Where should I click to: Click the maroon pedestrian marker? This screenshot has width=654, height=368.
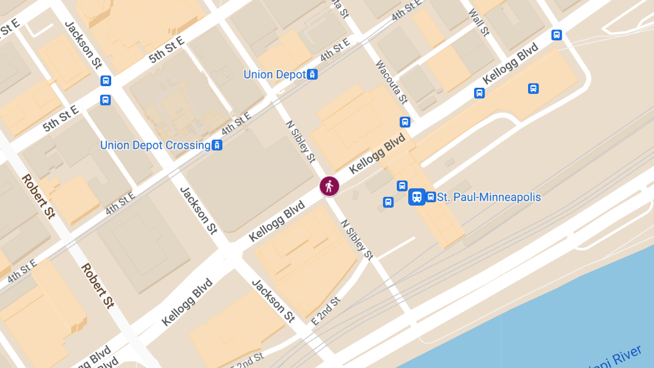pyautogui.click(x=329, y=186)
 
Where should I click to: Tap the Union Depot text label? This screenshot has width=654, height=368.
pyautogui.click(x=275, y=75)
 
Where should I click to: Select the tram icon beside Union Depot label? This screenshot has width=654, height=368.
pyautogui.click(x=312, y=74)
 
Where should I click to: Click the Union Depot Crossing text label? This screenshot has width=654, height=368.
pyautogui.click(x=155, y=146)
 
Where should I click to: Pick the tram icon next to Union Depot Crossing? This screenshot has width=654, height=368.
pyautogui.click(x=217, y=145)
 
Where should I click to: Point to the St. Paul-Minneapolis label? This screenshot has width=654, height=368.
pyautogui.click(x=489, y=197)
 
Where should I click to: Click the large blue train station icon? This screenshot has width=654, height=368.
pyautogui.click(x=417, y=197)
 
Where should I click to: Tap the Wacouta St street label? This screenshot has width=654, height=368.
pyautogui.click(x=391, y=82)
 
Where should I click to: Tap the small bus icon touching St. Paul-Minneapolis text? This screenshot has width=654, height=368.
pyautogui.click(x=431, y=197)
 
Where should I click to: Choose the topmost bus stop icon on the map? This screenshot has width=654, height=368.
pyautogui.click(x=556, y=35)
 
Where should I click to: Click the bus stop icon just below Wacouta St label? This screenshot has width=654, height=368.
pyautogui.click(x=405, y=122)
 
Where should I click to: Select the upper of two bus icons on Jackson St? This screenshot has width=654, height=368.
pyautogui.click(x=106, y=81)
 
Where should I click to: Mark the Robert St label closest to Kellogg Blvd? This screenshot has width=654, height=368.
pyautogui.click(x=97, y=286)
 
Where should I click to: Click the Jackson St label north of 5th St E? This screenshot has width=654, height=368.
pyautogui.click(x=83, y=45)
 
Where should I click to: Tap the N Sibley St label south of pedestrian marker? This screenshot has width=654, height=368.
pyautogui.click(x=357, y=239)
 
